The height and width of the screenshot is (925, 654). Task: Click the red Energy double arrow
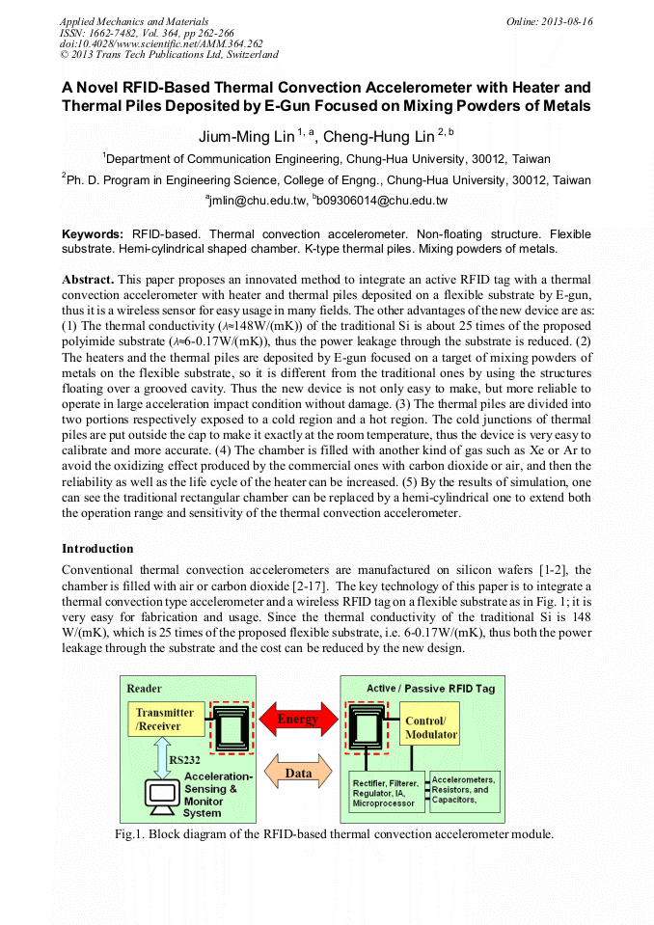298,720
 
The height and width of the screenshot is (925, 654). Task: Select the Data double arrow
298,773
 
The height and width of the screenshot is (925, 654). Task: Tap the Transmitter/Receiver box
165,720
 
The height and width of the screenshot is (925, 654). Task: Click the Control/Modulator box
429,726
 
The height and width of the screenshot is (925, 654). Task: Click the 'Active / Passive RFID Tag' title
430,687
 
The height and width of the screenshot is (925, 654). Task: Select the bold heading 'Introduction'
97,549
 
